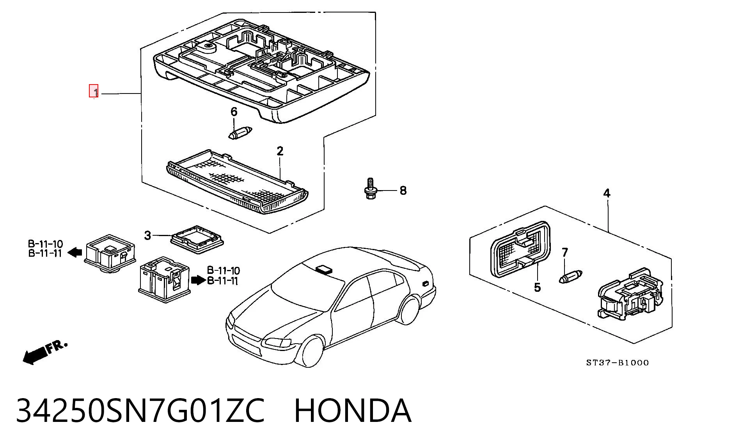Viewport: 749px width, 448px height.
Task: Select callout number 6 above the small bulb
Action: click(x=234, y=112)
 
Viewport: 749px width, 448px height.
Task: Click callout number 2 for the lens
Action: click(x=280, y=151)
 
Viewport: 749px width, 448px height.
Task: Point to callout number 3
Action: click(x=147, y=235)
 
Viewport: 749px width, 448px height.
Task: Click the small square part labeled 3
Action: click(x=197, y=239)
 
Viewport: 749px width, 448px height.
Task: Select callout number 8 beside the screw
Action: click(x=403, y=190)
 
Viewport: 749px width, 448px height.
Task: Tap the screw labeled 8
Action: click(x=369, y=189)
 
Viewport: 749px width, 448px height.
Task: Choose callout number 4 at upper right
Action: click(x=607, y=193)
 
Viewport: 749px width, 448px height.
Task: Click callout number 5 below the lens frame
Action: click(x=537, y=287)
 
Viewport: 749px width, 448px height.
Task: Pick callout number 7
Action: click(x=565, y=252)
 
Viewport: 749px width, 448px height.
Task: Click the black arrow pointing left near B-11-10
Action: click(x=75, y=252)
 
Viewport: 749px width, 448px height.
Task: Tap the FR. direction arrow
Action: click(x=45, y=352)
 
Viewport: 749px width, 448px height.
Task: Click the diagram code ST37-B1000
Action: click(x=618, y=363)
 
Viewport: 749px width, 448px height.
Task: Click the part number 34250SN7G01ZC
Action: click(x=140, y=411)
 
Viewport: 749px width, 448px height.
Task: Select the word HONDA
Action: click(x=353, y=411)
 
